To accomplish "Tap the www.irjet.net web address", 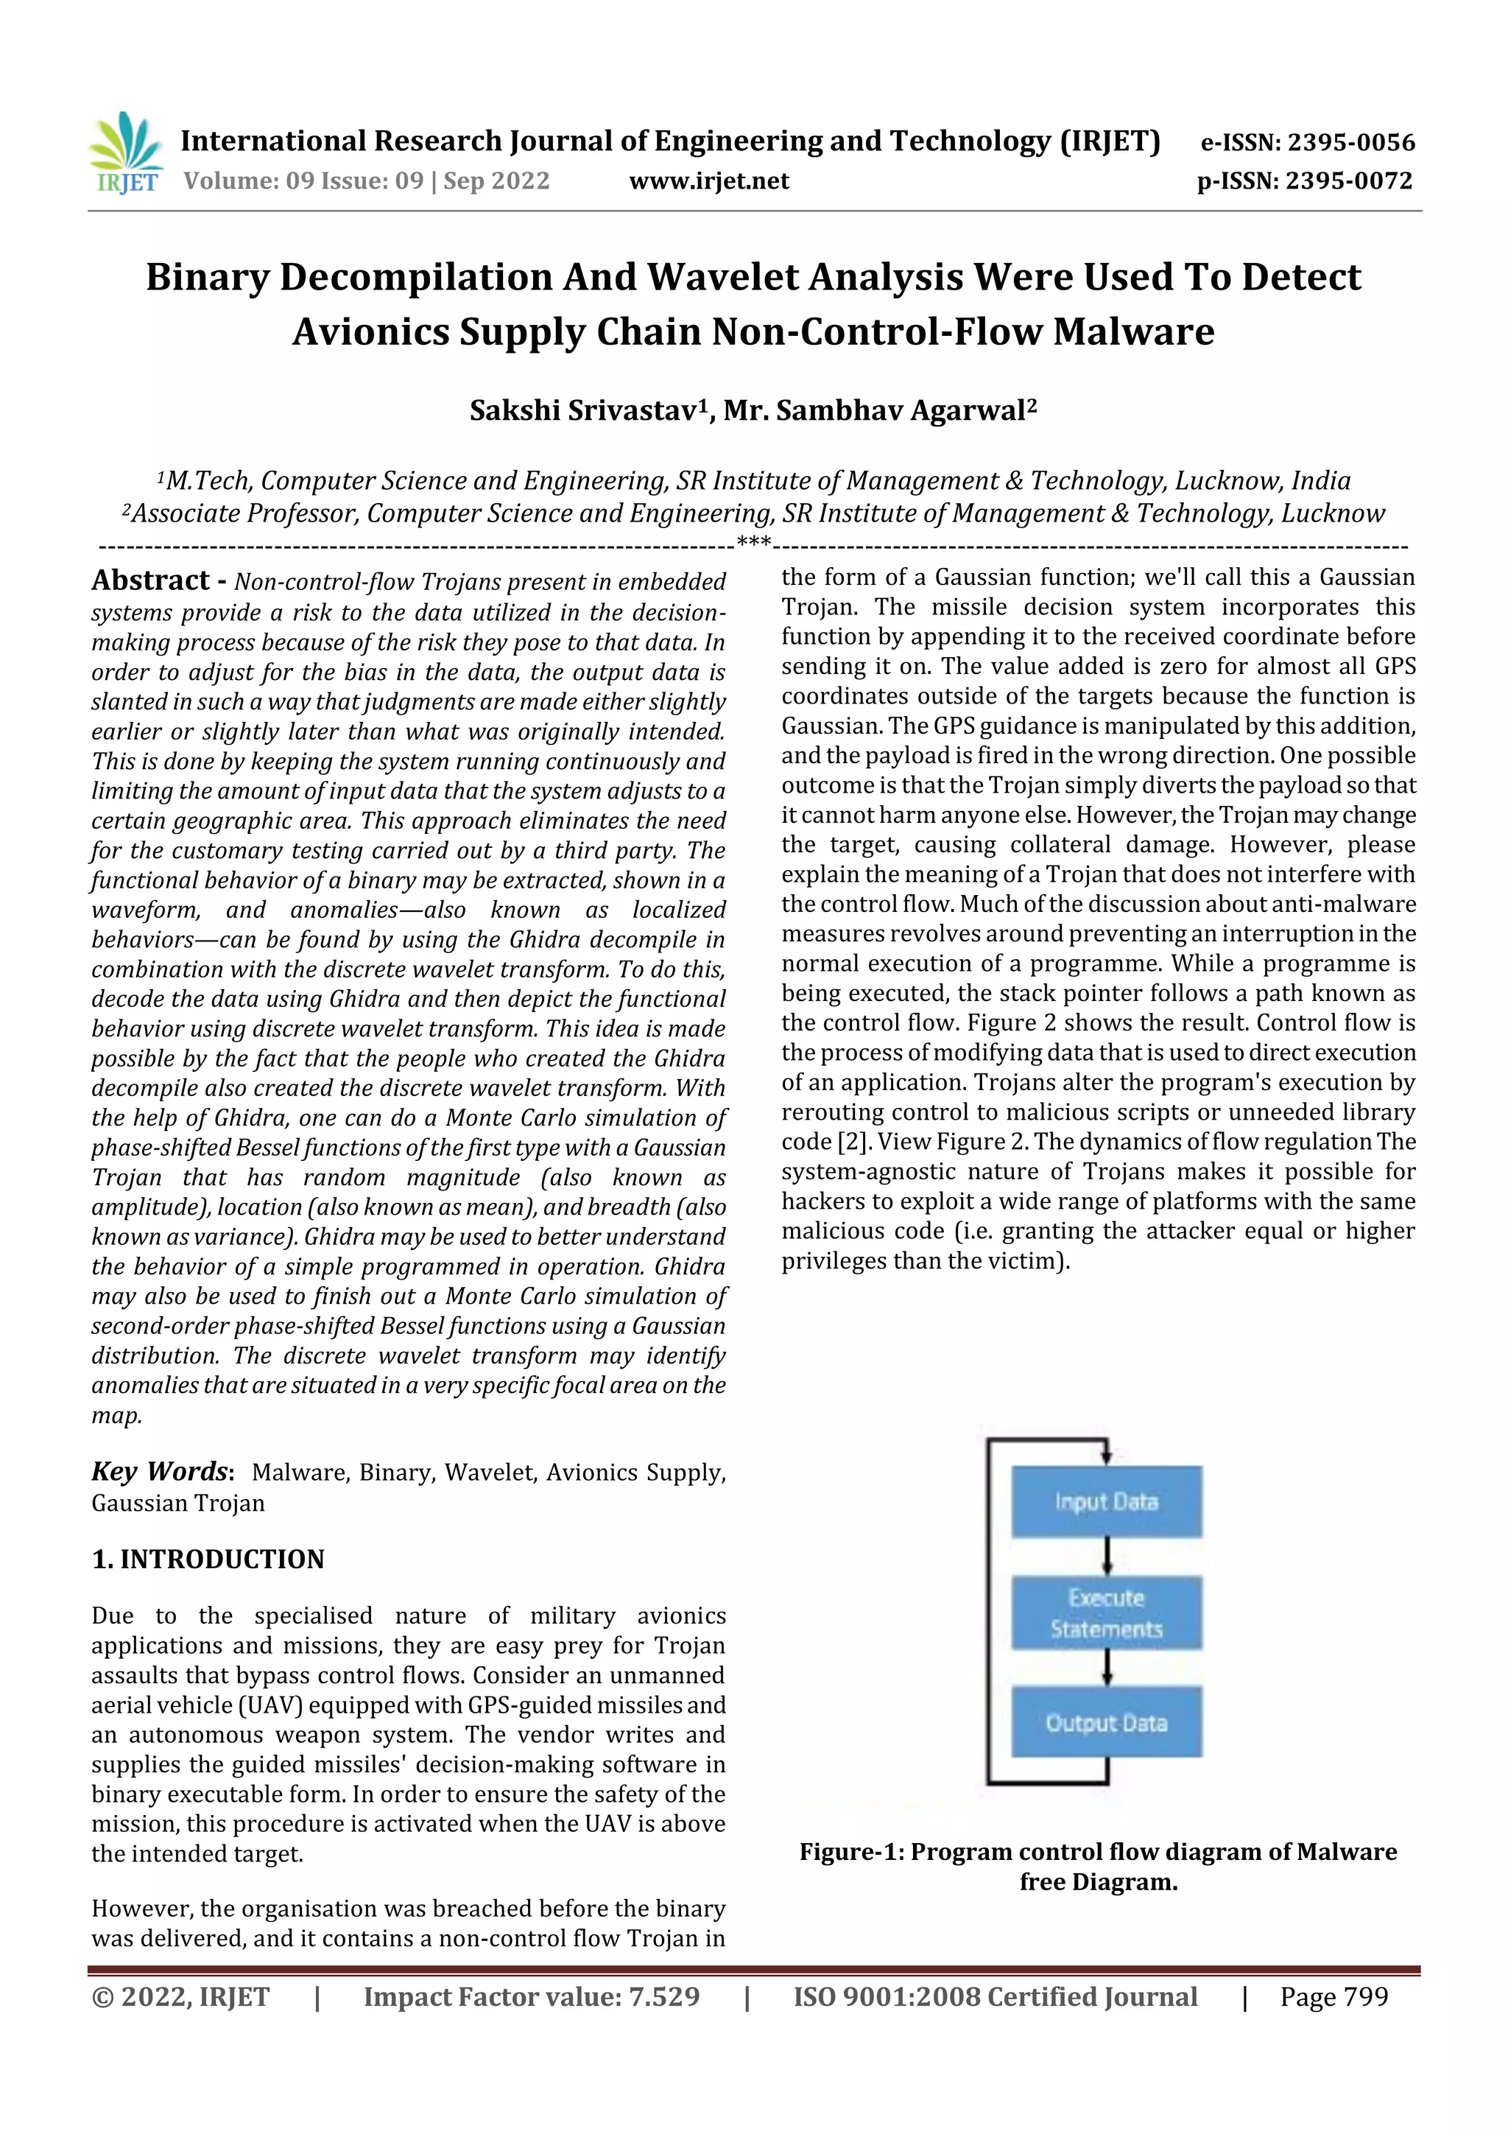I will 709,181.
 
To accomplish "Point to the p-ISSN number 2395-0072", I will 1349,181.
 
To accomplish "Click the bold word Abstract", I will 150,581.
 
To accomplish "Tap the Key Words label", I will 160,1471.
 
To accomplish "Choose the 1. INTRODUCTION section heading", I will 208,1559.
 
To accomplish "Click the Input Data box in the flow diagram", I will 1106,1501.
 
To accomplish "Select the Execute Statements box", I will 1106,1612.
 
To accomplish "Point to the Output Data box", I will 1106,1722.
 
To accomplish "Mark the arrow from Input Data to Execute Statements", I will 1107,1556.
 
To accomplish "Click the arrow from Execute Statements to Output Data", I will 1107,1668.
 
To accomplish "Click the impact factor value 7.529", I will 663,1996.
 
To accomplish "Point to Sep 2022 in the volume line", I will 496,181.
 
